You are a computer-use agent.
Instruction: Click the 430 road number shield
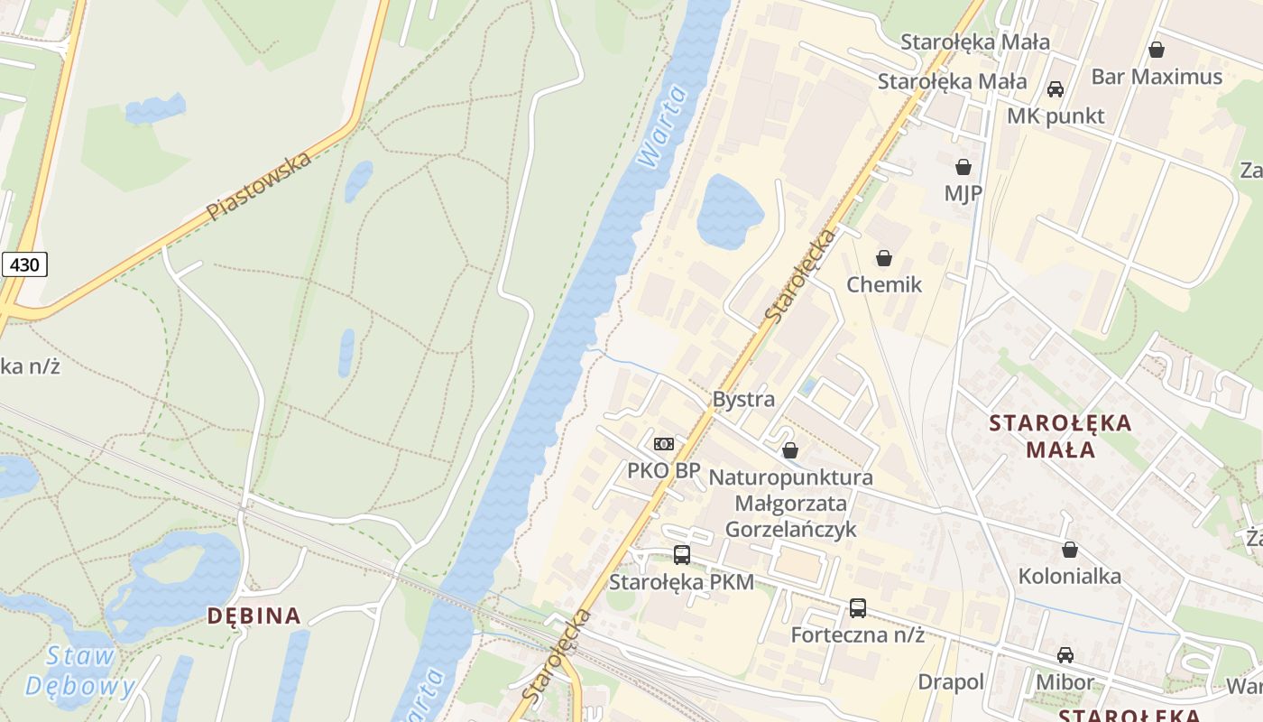(x=24, y=264)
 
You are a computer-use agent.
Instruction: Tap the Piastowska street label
(x=259, y=186)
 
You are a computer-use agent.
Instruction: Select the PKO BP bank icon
(x=664, y=444)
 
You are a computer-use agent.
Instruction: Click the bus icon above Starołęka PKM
(x=682, y=555)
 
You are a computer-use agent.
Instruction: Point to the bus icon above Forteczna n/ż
(x=857, y=608)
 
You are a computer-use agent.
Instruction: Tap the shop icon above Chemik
(x=884, y=258)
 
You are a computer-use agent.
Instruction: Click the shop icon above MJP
(x=963, y=167)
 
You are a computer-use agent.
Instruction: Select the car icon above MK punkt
(x=1056, y=89)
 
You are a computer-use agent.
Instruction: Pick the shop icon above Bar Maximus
(x=1157, y=50)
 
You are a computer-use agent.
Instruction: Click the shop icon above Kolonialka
(x=1070, y=550)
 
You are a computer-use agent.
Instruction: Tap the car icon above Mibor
(x=1065, y=655)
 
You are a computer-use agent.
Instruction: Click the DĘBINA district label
(x=254, y=616)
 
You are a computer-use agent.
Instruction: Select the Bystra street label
(x=743, y=399)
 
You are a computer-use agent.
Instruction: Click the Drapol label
(x=951, y=682)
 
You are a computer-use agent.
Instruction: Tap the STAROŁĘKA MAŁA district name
(x=1060, y=435)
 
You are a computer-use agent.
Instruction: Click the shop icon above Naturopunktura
(x=790, y=450)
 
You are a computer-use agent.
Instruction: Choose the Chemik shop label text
(x=884, y=285)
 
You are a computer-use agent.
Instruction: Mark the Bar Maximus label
(x=1157, y=77)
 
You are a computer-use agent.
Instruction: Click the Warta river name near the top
(x=661, y=126)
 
